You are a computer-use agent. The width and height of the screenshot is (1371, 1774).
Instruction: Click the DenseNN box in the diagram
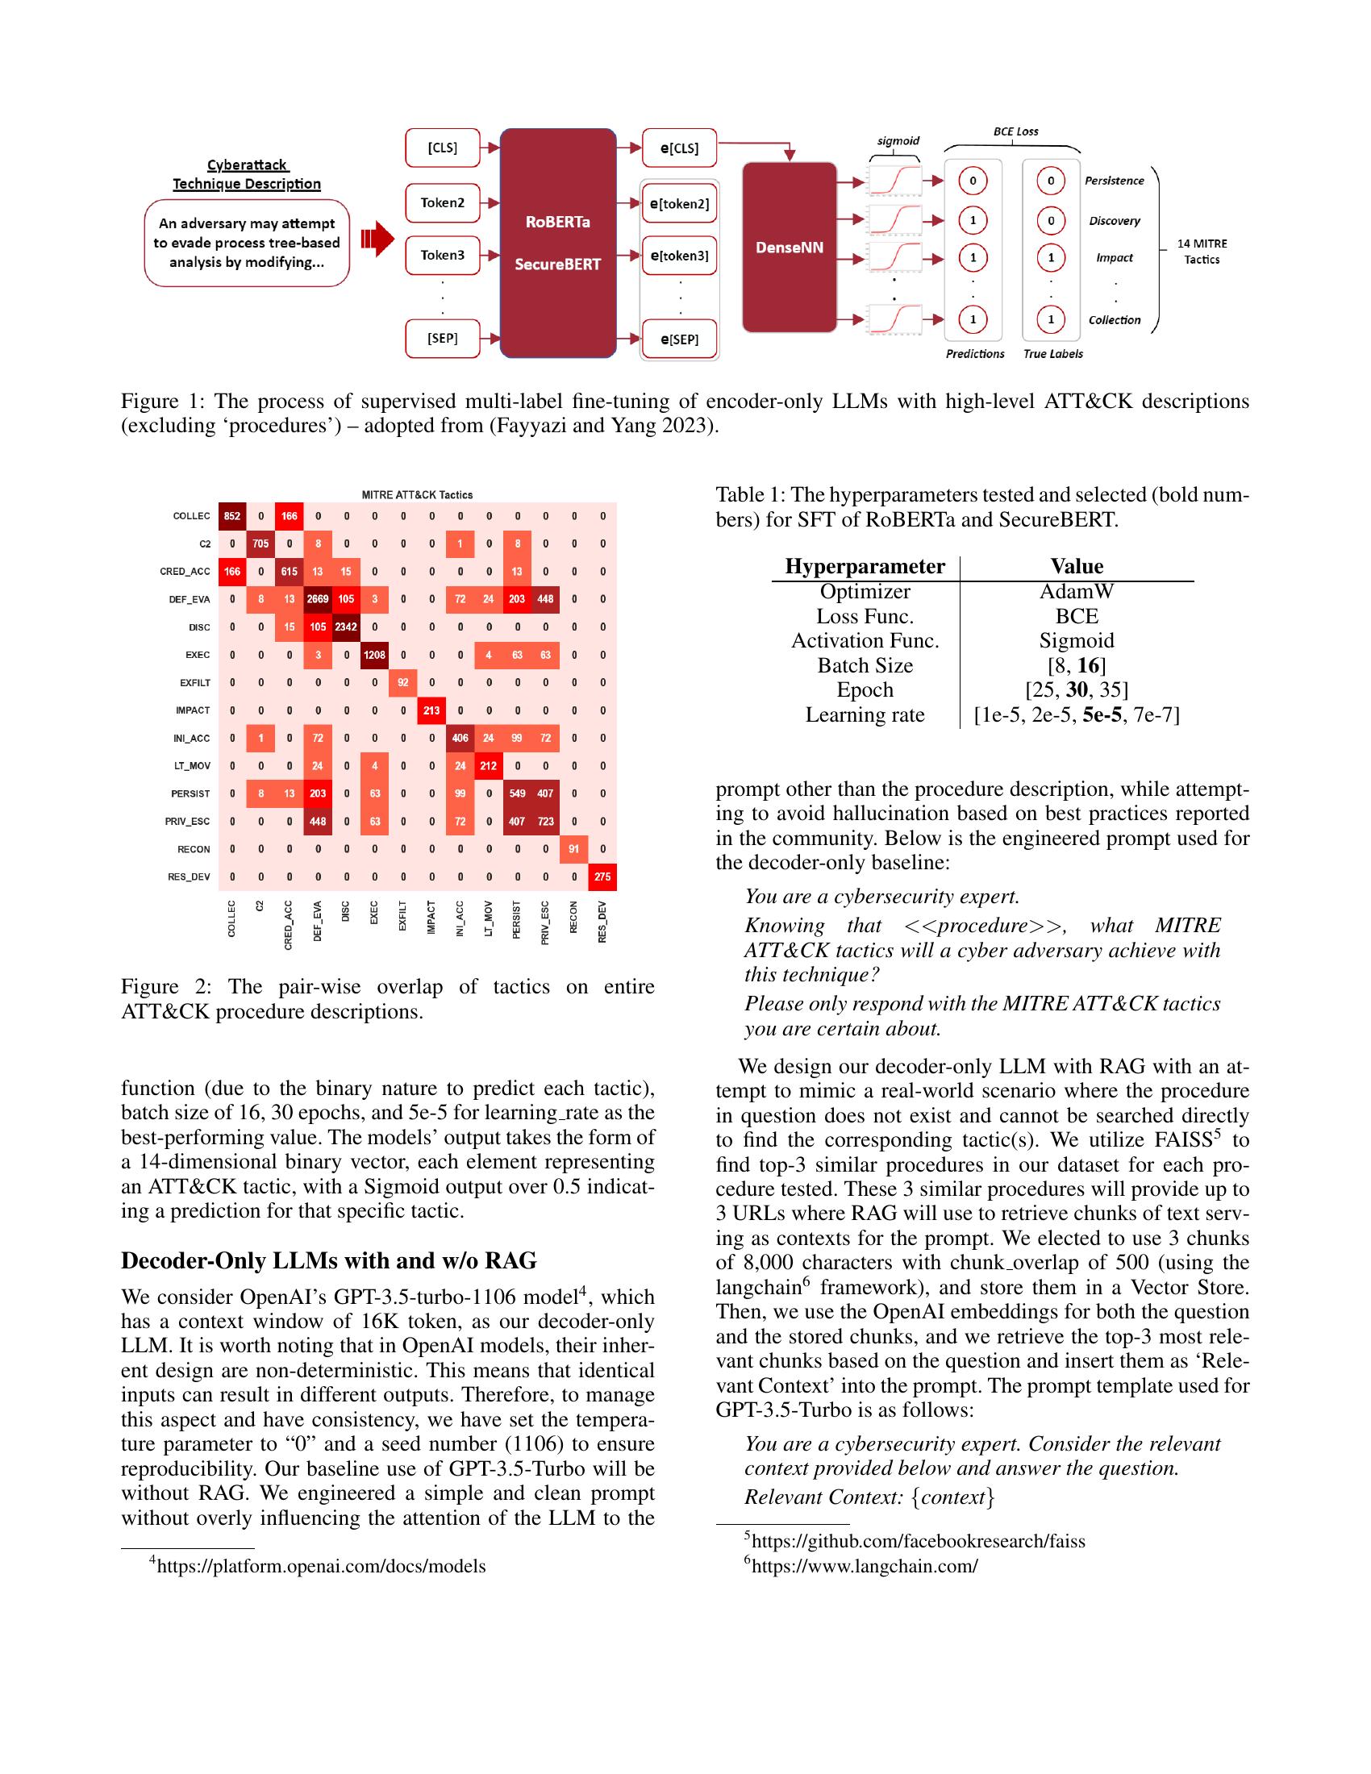[790, 248]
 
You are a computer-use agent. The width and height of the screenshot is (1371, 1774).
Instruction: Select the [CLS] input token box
[443, 148]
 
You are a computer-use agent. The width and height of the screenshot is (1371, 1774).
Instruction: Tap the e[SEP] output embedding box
[680, 339]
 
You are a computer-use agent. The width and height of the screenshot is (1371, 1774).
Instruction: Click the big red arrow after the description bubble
[377, 240]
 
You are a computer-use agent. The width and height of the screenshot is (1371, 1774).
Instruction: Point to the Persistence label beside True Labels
[1114, 181]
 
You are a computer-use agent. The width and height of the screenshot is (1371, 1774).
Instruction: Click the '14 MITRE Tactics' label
[1202, 252]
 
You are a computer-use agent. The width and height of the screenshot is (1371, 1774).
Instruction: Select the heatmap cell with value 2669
[318, 599]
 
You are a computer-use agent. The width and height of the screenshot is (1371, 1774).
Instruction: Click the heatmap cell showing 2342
[346, 627]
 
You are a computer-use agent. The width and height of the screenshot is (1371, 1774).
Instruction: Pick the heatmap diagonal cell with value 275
[602, 877]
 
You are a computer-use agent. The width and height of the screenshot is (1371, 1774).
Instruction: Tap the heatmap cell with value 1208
[374, 655]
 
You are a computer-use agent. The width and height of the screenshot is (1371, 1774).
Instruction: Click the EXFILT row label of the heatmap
[195, 683]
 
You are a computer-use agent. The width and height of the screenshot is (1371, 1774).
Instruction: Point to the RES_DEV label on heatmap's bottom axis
[602, 922]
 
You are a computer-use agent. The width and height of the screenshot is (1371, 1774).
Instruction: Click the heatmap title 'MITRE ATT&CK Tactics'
[417, 494]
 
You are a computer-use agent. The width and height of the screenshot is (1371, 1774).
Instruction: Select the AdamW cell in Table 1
[1076, 591]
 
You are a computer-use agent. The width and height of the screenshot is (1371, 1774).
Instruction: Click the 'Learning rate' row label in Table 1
[865, 714]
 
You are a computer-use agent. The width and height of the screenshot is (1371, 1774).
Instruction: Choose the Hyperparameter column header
[865, 566]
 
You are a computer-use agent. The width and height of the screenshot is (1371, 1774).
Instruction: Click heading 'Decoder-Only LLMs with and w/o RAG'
[329, 1260]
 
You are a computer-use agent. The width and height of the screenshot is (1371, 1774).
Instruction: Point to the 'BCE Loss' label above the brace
[1015, 131]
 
